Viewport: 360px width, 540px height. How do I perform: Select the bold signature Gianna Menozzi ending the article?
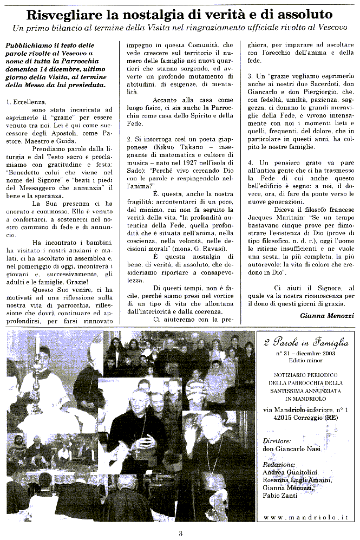(x=327, y=316)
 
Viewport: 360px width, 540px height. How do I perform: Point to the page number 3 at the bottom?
(x=180, y=532)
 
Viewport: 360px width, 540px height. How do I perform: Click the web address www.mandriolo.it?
(x=306, y=517)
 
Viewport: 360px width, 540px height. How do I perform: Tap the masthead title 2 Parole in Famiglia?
(x=306, y=342)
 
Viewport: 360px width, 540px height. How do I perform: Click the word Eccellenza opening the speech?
(x=27, y=101)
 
